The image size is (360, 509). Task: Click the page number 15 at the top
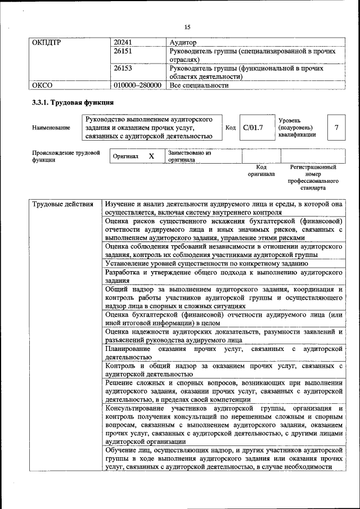pyautogui.click(x=187, y=26)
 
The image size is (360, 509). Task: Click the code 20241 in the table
pyautogui.click(x=123, y=42)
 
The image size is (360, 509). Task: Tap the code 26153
pyautogui.click(x=123, y=68)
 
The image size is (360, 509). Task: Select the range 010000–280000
pyautogui.click(x=138, y=85)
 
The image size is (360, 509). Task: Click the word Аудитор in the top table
pyautogui.click(x=183, y=42)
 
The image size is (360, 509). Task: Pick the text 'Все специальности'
pyautogui.click(x=199, y=85)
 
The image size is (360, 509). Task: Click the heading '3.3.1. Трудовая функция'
pyautogui.click(x=73, y=103)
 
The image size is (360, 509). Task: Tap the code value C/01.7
pyautogui.click(x=253, y=128)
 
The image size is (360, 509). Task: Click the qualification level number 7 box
pyautogui.click(x=336, y=128)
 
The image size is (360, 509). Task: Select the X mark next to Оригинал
pyautogui.click(x=151, y=156)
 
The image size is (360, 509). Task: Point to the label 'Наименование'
pyautogui.click(x=51, y=128)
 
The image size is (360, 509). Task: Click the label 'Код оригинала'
pyautogui.click(x=261, y=170)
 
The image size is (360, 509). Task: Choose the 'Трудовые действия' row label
pyautogui.click(x=62, y=204)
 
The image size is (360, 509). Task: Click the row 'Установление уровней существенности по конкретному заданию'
pyautogui.click(x=206, y=263)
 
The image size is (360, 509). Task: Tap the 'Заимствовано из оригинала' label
pyautogui.click(x=189, y=156)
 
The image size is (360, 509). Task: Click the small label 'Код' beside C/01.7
pyautogui.click(x=230, y=128)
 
